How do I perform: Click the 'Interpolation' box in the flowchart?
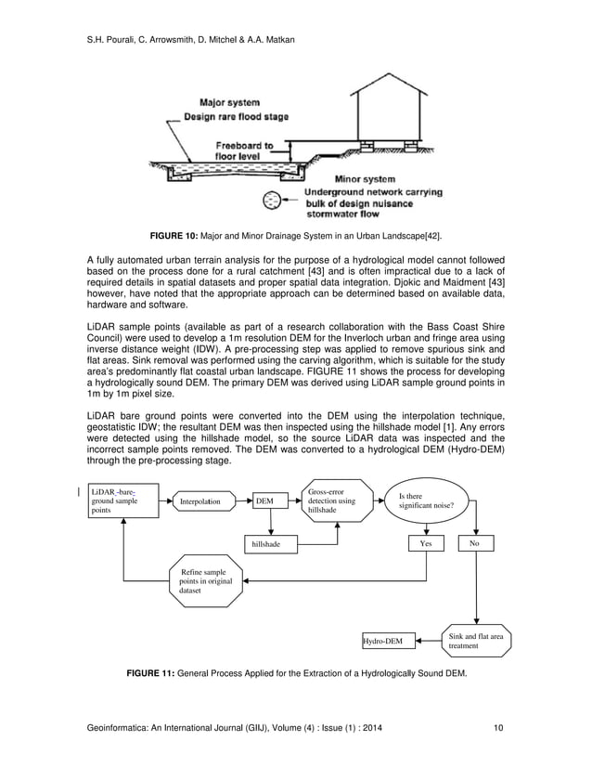[x=207, y=501]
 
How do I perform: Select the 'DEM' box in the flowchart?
[x=266, y=501]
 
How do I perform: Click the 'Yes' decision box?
[x=426, y=543]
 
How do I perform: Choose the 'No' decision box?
[x=475, y=543]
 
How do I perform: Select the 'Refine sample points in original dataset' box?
[x=203, y=581]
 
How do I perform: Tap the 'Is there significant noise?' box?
[x=425, y=502]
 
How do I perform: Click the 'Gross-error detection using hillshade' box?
[x=336, y=502]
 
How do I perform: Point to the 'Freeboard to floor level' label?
[x=245, y=151]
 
